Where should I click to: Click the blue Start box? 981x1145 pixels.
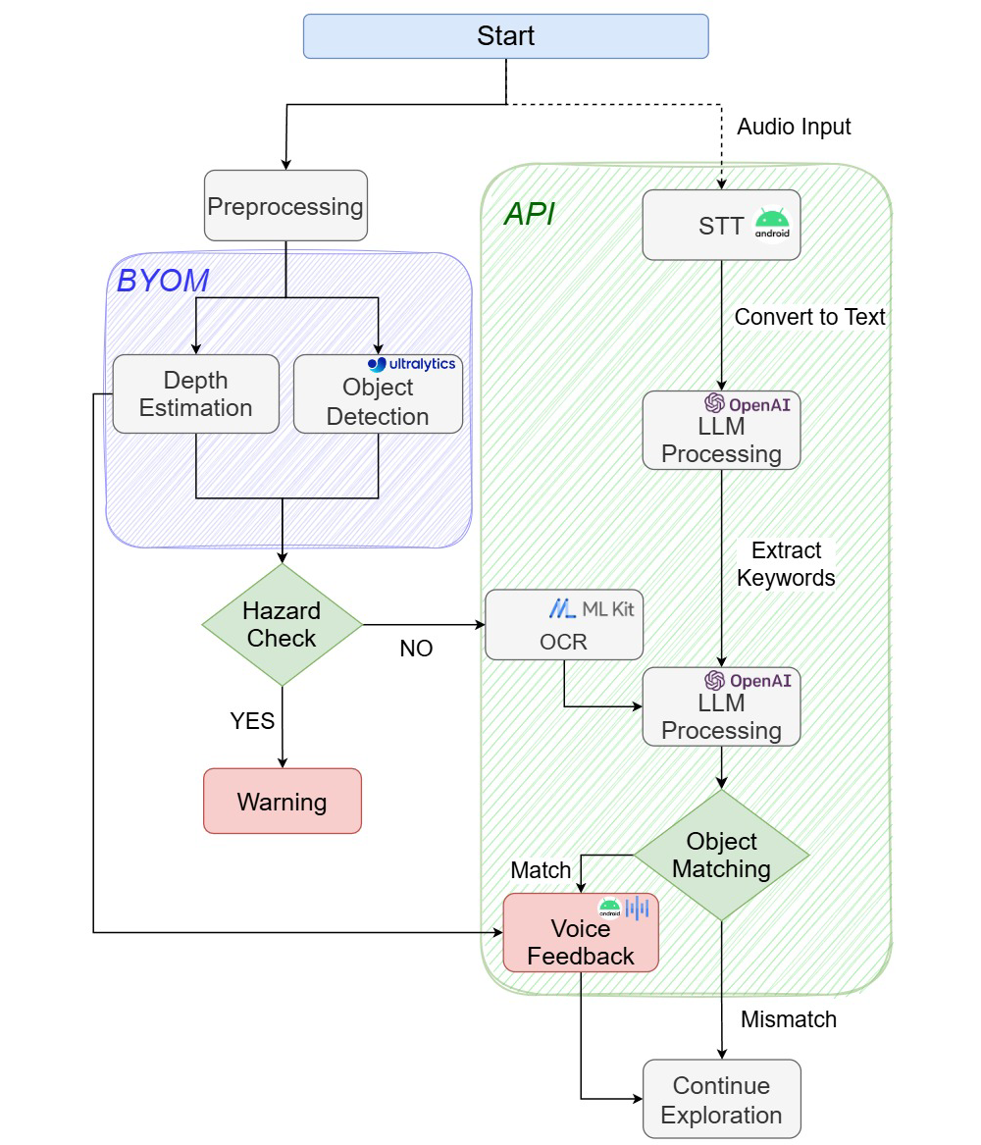pos(505,36)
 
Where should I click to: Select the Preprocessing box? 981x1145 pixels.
pos(285,206)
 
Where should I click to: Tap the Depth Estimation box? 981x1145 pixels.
pos(195,393)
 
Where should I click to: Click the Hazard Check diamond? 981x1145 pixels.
pos(282,625)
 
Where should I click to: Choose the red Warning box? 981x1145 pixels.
pos(283,801)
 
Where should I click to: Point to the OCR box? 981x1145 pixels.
pos(564,624)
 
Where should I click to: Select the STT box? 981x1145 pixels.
pos(721,226)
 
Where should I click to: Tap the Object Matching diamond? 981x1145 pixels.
pos(722,855)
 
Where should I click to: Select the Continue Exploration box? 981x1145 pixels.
pos(721,1100)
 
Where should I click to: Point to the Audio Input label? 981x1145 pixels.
pos(795,127)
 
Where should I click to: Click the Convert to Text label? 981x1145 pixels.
pos(810,317)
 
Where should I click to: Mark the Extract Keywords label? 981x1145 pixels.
pos(786,564)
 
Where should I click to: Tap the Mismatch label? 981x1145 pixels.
pos(789,1019)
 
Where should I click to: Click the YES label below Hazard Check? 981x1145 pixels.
pos(252,721)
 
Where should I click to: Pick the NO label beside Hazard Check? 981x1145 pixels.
pos(416,649)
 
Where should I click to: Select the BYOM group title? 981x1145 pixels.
pos(163,281)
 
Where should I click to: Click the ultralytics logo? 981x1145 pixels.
pos(412,364)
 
